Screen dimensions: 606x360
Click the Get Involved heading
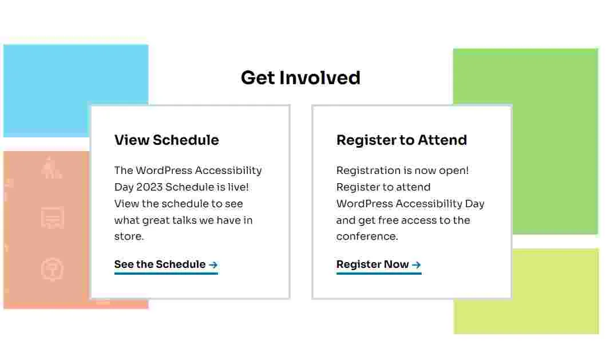(300, 78)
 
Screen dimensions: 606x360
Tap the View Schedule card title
(167, 140)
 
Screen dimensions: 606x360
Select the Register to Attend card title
(402, 140)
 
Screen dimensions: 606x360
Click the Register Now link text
(373, 264)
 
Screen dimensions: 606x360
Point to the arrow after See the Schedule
(213, 265)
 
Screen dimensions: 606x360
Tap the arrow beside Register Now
(416, 265)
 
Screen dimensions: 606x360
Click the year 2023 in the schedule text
(149, 187)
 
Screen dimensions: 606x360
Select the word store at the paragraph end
(129, 236)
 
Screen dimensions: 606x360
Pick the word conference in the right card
(367, 236)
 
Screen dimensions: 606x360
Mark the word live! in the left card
(238, 187)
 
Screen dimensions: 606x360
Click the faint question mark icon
(52, 269)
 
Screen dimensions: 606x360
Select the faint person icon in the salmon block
(52, 168)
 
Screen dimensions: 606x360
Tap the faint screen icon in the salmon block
(53, 217)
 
